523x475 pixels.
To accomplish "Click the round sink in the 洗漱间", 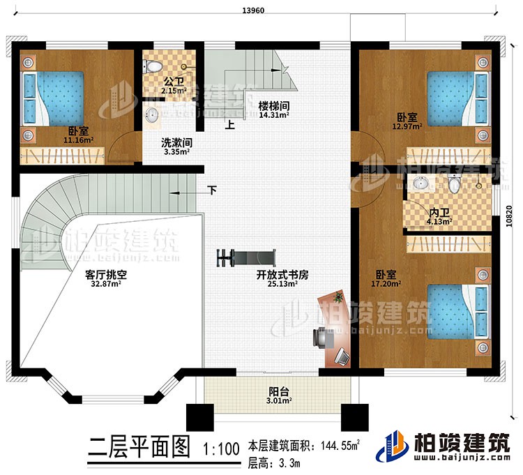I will click(152, 114).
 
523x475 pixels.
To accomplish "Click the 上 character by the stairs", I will click(229, 126).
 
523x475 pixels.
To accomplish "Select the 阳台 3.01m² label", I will click(277, 396).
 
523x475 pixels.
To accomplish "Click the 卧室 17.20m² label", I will click(387, 279).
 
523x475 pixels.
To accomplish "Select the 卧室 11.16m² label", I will click(78, 135).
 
